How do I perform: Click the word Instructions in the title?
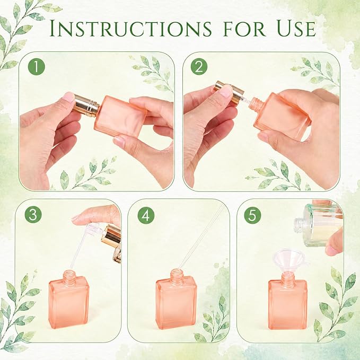pos(130,29)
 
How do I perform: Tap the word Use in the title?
pos(296,29)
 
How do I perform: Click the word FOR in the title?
pos(244,29)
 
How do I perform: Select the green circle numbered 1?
pos(36,67)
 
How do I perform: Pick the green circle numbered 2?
pos(199,67)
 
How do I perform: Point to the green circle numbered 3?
pos(33,215)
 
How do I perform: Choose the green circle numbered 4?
pos(146,215)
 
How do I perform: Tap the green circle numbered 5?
pos(252,215)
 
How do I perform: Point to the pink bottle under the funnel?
pos(288,301)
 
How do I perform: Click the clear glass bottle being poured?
pos(319,225)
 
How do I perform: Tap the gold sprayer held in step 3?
pos(111,242)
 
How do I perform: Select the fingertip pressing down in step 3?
pos(77,218)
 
